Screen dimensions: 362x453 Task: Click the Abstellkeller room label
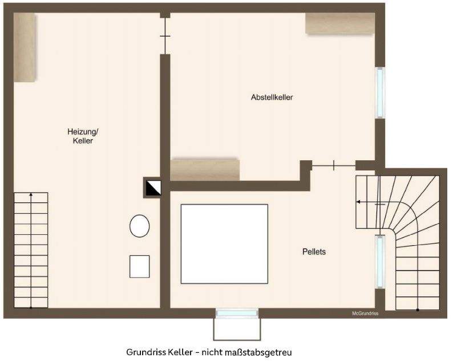coord(272,97)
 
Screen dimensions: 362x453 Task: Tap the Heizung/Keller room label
coord(83,136)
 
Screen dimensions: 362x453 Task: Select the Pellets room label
coord(314,251)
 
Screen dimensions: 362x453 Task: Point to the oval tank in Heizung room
coord(140,226)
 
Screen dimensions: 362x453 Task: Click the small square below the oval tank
coord(139,266)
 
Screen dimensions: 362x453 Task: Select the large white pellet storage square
coord(224,243)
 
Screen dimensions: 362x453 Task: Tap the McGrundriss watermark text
coord(365,312)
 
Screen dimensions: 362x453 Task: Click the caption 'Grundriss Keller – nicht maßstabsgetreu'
coord(212,351)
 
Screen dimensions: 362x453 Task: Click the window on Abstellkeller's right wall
coord(380,93)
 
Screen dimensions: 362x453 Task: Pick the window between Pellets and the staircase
coord(379,261)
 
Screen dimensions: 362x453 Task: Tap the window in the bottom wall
coord(237,313)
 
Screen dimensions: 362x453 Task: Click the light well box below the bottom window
coord(237,328)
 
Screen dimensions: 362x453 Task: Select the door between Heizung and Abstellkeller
coord(165,36)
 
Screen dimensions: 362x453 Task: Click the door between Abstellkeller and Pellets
coord(334,166)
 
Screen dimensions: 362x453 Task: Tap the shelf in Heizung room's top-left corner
coord(25,47)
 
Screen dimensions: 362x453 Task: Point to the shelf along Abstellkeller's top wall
coord(339,23)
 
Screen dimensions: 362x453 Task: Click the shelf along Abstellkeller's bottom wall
coord(205,169)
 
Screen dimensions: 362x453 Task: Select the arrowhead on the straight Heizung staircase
coord(31,196)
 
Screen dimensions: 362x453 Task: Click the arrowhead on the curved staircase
coord(358,202)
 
